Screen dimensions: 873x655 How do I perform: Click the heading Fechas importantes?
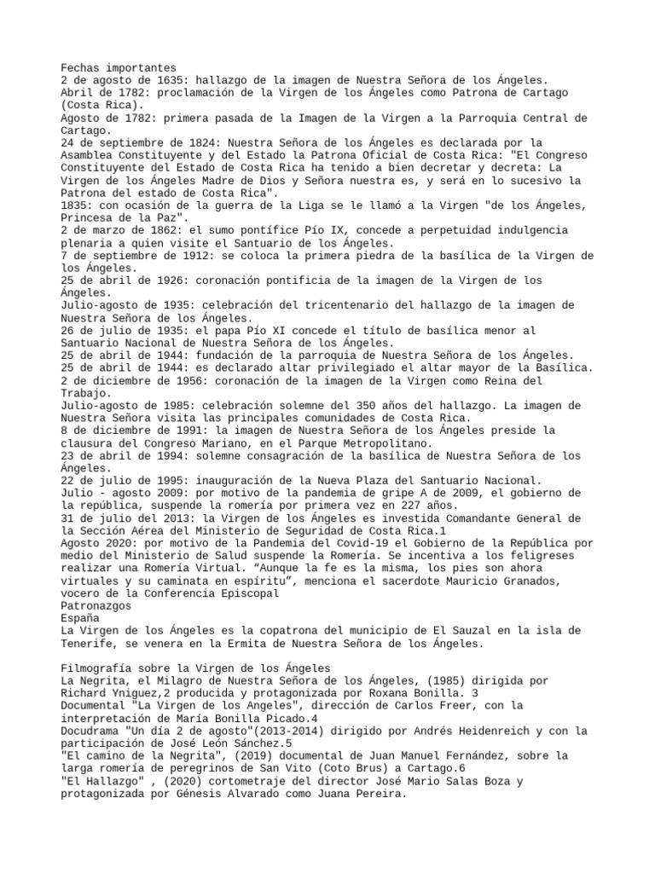click(119, 67)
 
